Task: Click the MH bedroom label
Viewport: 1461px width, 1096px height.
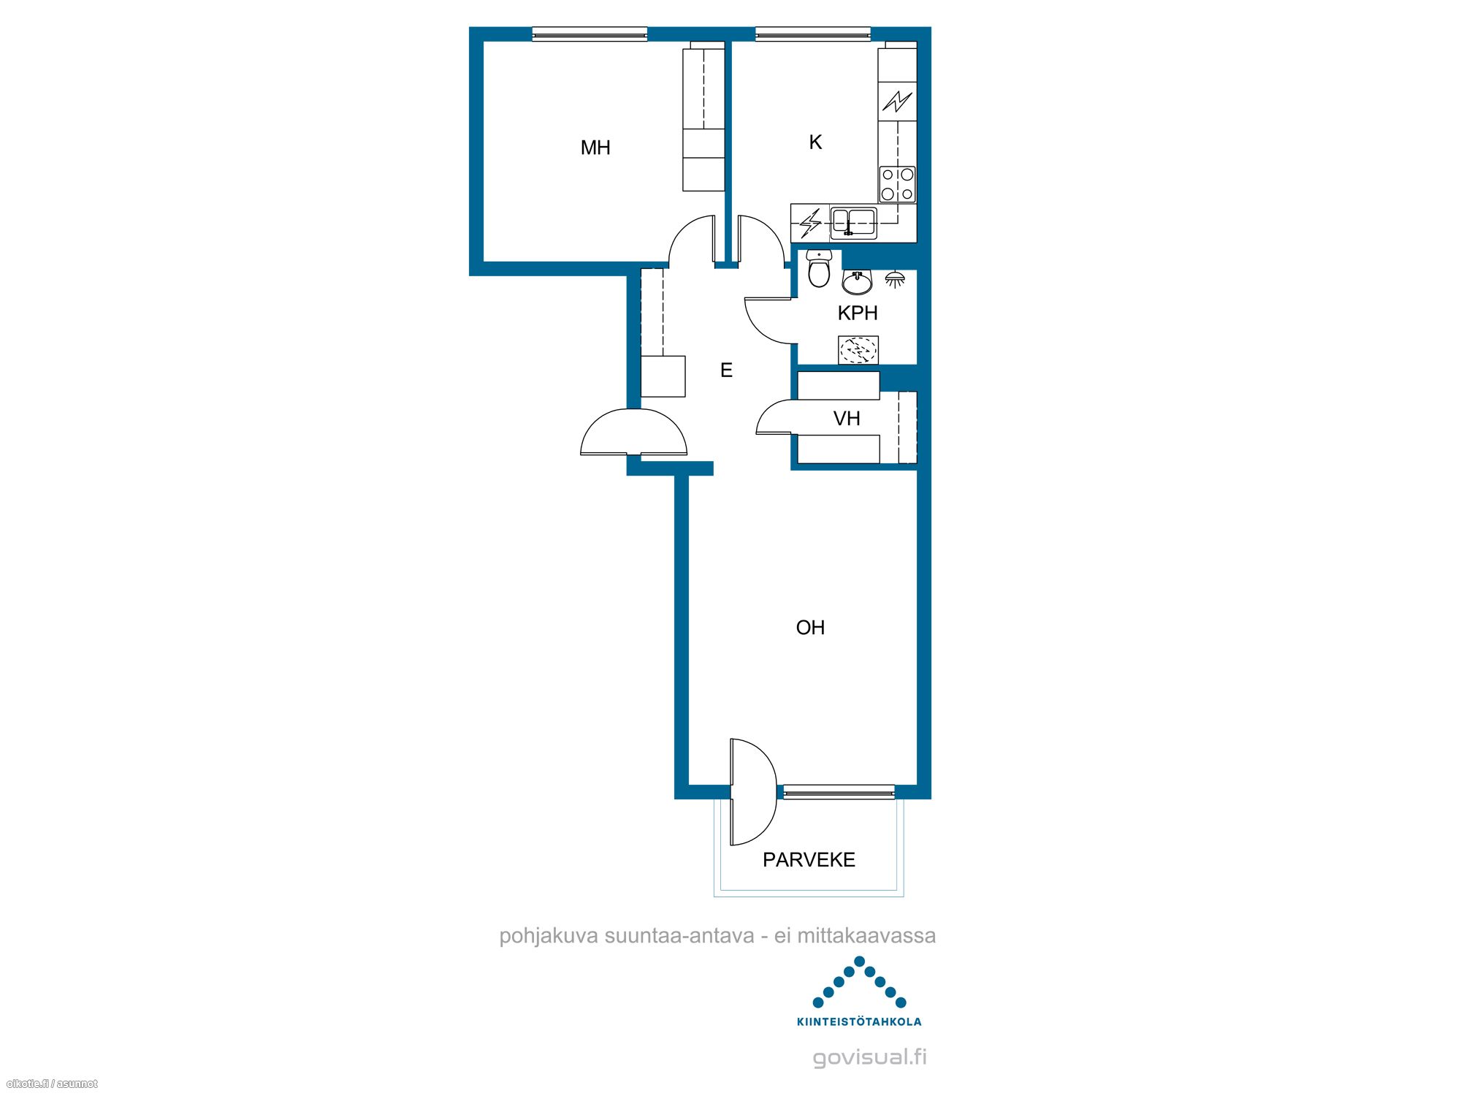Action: tap(595, 148)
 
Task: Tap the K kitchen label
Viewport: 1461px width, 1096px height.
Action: tap(815, 142)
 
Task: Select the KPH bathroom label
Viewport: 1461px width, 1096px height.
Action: tap(858, 313)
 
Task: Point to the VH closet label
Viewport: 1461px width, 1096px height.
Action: tap(847, 419)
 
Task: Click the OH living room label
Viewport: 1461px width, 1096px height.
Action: tap(810, 628)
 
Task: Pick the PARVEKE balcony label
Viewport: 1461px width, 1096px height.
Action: tap(809, 859)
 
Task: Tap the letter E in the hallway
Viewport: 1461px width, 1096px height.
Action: tap(726, 370)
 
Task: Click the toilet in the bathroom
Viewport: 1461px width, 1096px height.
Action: tap(819, 269)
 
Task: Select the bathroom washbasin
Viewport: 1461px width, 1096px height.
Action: tap(858, 281)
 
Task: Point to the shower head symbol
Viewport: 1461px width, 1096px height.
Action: tap(895, 278)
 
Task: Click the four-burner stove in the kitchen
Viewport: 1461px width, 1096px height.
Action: tap(897, 184)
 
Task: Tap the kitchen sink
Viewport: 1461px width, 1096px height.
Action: tap(853, 223)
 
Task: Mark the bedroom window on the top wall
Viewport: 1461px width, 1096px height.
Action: tap(590, 34)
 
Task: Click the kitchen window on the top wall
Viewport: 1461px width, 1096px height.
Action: tap(813, 34)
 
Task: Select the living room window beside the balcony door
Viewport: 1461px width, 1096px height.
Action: tap(839, 791)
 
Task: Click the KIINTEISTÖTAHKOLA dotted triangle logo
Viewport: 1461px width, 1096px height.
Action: tap(859, 983)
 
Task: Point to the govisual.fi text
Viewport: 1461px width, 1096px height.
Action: tap(869, 1057)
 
